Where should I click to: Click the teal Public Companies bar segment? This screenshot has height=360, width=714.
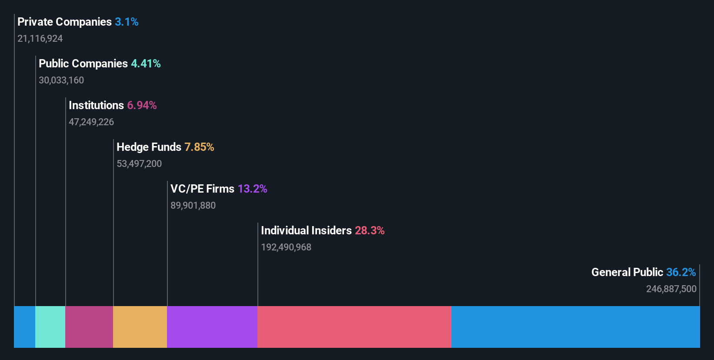point(50,327)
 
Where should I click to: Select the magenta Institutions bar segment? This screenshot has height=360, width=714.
point(89,327)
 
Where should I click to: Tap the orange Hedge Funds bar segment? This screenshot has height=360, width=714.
point(140,327)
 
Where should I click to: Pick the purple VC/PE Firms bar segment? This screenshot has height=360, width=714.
point(212,327)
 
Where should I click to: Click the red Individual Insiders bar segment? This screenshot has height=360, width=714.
point(354,327)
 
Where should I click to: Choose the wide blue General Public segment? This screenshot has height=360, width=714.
point(575,327)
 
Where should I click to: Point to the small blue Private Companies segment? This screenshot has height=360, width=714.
point(25,327)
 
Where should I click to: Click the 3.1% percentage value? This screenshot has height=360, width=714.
point(127,22)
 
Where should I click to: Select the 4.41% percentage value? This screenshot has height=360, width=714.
point(146,63)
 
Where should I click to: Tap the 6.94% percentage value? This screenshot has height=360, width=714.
point(142,105)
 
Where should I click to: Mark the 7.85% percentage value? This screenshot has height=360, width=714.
point(199,147)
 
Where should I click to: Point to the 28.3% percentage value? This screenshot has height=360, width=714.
point(370,230)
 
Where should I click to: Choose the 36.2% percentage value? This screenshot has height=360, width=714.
point(681,272)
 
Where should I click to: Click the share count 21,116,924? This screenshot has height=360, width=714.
point(40,39)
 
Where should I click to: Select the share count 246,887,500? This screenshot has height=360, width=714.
point(671,289)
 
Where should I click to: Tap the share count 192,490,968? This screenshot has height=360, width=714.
point(286,247)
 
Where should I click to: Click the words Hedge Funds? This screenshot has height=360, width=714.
point(149,147)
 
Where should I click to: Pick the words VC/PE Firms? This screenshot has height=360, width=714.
point(202,189)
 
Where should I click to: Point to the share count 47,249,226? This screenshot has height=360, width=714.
point(91,122)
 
